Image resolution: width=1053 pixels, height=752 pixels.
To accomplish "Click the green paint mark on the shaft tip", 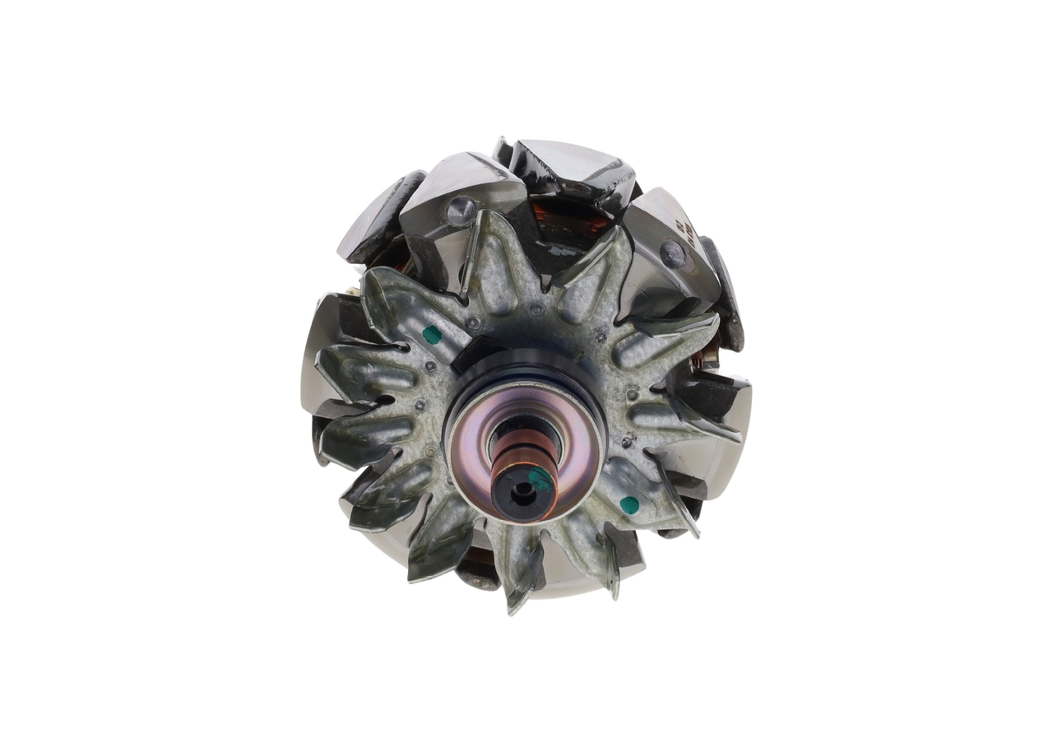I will (x=540, y=479).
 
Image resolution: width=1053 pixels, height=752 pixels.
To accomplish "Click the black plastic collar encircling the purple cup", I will (x=526, y=362).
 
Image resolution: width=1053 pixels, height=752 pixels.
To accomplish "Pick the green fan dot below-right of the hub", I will (x=629, y=504).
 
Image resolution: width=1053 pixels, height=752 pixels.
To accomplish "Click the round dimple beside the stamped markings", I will (x=673, y=254).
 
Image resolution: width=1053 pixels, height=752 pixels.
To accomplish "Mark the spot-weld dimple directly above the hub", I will (x=536, y=311).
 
